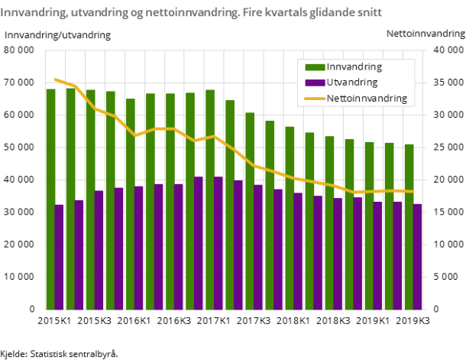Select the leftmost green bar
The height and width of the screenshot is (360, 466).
[50, 199]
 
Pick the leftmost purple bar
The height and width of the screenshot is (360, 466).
[59, 257]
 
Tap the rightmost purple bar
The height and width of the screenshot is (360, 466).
[418, 256]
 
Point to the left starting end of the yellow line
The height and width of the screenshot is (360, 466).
[55, 79]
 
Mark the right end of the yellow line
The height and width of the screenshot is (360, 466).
[413, 191]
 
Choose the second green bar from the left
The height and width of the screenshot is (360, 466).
[70, 199]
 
